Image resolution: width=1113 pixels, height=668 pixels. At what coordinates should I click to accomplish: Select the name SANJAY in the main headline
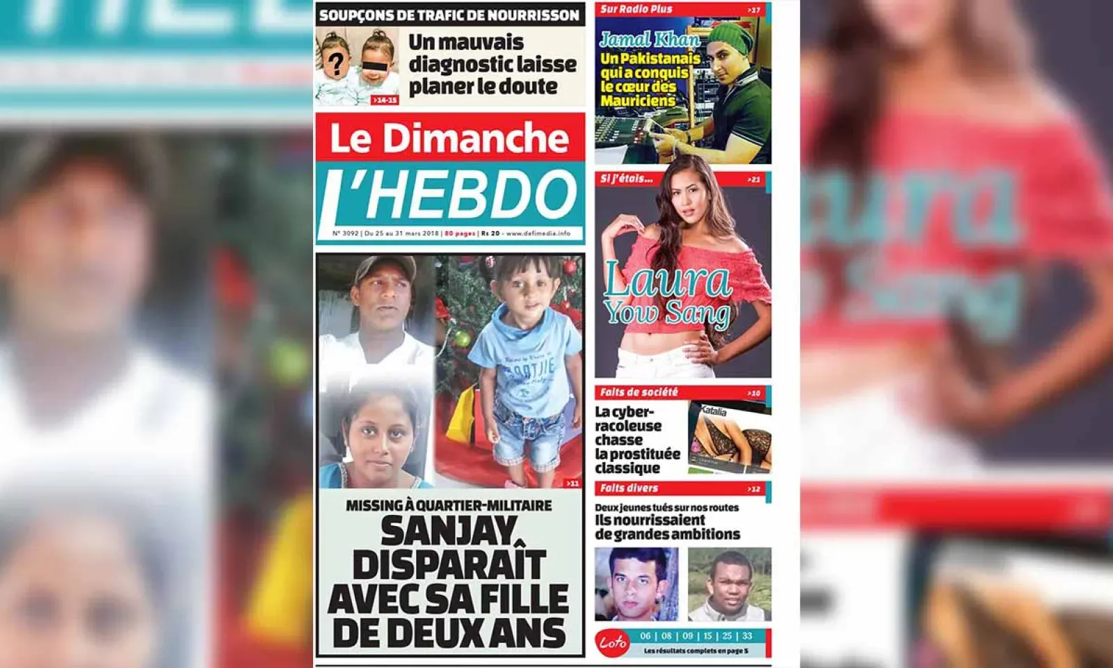(x=449, y=532)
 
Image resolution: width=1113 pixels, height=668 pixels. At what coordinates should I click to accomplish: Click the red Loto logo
(x=613, y=643)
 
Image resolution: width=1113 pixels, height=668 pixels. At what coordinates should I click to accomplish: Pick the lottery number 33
(x=747, y=636)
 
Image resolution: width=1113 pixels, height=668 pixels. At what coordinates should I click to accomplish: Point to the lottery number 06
(x=646, y=636)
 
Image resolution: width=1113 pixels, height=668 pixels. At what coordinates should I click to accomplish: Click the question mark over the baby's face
(x=336, y=64)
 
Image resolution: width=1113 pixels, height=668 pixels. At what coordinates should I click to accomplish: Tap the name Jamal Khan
(x=649, y=40)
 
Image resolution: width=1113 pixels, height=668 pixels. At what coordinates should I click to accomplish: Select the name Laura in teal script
(x=666, y=280)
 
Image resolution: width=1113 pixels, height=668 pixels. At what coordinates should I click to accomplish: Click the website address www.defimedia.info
(x=538, y=234)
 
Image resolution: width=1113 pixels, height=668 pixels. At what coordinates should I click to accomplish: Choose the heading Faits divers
(x=629, y=488)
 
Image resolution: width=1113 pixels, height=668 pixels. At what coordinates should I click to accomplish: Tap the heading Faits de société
(x=639, y=392)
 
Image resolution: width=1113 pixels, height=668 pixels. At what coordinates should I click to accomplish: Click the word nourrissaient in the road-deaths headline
(x=650, y=520)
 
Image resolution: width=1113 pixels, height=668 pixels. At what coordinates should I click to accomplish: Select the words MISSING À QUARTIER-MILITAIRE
(x=449, y=506)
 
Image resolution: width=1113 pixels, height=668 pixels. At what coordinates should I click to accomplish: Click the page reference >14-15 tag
(x=384, y=100)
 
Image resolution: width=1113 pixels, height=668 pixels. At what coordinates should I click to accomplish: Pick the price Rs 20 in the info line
(x=490, y=234)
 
